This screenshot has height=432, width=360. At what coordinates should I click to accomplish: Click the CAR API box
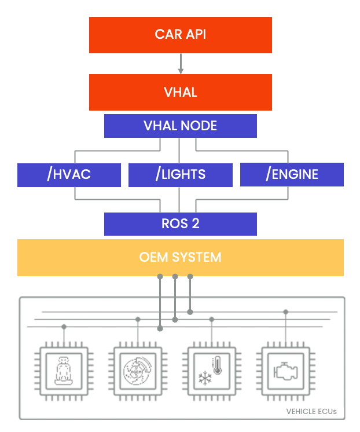click(180, 35)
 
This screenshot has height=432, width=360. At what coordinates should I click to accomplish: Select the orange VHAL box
click(180, 92)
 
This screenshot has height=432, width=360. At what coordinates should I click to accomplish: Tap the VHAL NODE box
click(180, 126)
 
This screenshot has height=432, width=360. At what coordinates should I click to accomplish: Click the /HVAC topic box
click(69, 174)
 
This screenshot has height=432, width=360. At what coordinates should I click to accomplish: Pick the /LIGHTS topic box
click(180, 174)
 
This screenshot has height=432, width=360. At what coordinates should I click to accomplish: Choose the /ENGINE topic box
click(292, 174)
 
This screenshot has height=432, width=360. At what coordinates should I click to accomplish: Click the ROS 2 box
click(180, 224)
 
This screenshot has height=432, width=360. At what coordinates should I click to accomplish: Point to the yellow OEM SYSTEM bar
click(180, 257)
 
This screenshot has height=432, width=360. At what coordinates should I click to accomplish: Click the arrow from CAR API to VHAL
click(181, 64)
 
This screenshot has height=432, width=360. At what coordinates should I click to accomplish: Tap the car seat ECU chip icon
click(64, 371)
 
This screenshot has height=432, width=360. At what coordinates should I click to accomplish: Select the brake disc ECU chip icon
click(138, 371)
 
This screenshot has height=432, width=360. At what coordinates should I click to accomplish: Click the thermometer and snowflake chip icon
click(212, 371)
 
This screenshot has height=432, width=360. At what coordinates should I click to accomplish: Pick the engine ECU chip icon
click(286, 371)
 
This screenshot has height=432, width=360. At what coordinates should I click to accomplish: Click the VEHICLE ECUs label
click(311, 412)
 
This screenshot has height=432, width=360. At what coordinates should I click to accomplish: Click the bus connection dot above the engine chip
click(286, 312)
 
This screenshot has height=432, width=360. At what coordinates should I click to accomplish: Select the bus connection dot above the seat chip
click(64, 327)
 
